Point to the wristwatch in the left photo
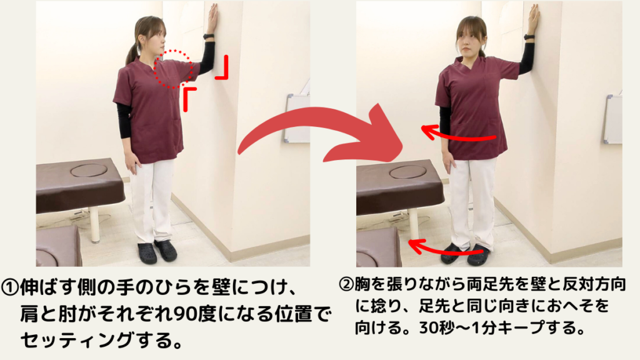click(x=209, y=37)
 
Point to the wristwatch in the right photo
click(x=529, y=37)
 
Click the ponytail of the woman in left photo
click(x=132, y=53)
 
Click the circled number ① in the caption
click(x=9, y=287)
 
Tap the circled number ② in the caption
click(x=346, y=284)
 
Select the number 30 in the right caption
click(x=430, y=328)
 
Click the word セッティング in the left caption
click(x=77, y=340)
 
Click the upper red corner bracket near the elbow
click(x=222, y=67)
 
